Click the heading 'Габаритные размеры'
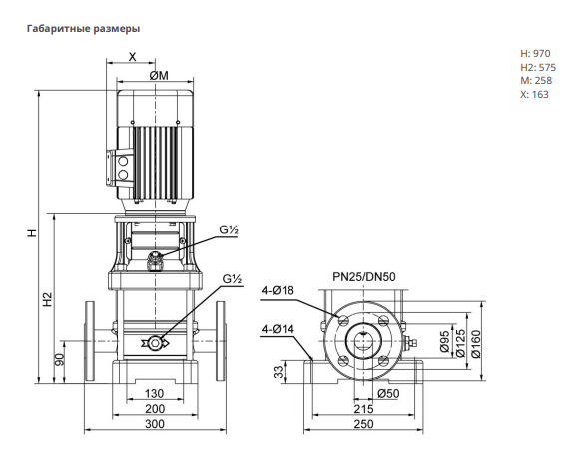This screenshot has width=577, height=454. tap(83, 29)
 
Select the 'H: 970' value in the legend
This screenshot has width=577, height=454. tap(535, 53)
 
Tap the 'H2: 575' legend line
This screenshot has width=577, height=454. tap(538, 67)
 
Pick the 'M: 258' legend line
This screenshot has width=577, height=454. tap(536, 81)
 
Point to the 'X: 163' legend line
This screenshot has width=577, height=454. tap(534, 95)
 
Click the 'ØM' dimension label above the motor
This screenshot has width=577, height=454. tap(159, 75)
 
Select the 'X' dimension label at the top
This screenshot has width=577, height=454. tap(132, 57)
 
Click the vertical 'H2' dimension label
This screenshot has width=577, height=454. tap(48, 300)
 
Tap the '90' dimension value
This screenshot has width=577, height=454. tap(60, 360)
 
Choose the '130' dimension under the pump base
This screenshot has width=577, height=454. tap(154, 394)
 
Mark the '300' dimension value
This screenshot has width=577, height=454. tap(154, 424)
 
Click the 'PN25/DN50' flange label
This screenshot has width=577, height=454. tap(364, 277)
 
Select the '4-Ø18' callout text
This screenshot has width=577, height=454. tap(278, 290)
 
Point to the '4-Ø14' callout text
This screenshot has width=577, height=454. tap(278, 329)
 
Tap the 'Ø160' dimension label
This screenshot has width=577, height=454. tap(476, 344)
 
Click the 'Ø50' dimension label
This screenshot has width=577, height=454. tap(388, 394)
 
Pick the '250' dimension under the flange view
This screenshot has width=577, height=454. tap(363, 424)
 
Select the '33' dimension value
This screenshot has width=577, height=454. tap(281, 372)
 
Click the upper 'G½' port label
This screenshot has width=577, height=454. tap(229, 230)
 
